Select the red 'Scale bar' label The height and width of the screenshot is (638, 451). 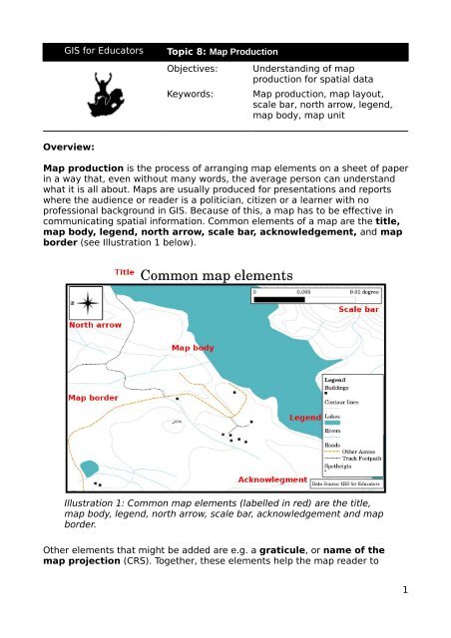pos(357,310)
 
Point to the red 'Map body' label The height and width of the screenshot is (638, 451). pos(194,349)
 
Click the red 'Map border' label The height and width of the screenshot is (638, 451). pos(94,397)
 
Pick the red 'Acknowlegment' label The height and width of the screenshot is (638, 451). pos(271,479)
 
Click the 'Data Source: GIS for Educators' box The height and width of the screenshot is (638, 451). pos(346,482)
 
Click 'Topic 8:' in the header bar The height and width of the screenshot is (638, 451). pos(187,50)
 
